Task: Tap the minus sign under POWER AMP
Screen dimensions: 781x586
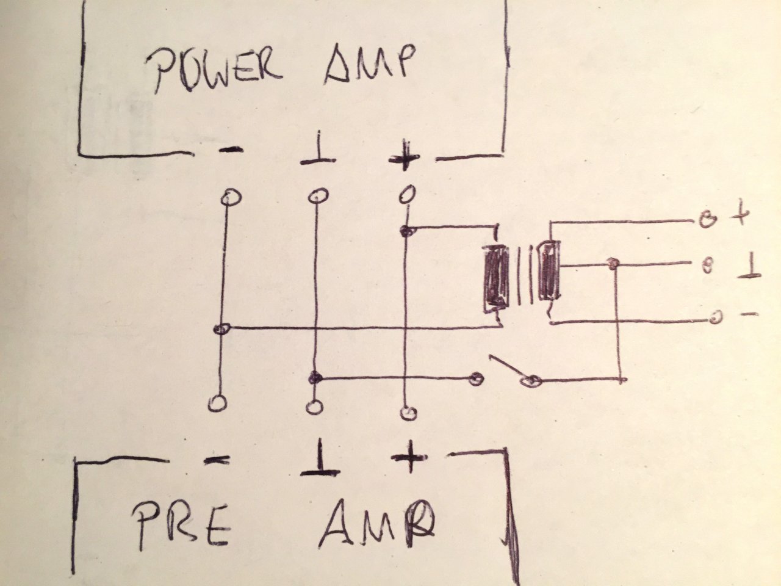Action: pyautogui.click(x=231, y=150)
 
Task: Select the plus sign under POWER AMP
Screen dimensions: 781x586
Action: pyautogui.click(x=404, y=157)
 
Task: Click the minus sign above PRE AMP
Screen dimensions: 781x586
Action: pyautogui.click(x=217, y=461)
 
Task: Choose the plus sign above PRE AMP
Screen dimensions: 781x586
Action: pyautogui.click(x=409, y=457)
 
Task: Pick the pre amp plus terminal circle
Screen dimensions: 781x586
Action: pyautogui.click(x=408, y=413)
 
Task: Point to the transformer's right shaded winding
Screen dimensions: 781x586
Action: pyautogui.click(x=550, y=270)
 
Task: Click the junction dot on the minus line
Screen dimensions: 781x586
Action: pyautogui.click(x=221, y=329)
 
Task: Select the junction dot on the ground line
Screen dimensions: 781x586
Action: pyautogui.click(x=315, y=377)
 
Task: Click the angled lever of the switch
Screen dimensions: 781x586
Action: pyautogui.click(x=508, y=367)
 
